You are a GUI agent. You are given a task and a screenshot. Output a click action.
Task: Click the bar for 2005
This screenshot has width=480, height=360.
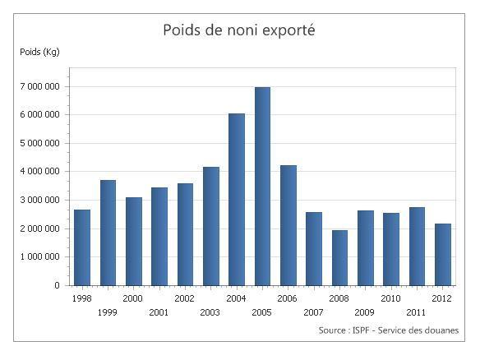(262, 187)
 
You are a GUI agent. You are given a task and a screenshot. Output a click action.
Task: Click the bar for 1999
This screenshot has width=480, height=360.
(108, 233)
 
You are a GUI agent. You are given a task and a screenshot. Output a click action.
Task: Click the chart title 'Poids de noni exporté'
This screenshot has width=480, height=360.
(240, 30)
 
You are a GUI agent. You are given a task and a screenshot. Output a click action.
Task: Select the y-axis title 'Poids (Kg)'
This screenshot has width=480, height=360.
(39, 52)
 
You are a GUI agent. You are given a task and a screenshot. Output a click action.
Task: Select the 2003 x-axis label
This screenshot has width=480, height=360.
(210, 312)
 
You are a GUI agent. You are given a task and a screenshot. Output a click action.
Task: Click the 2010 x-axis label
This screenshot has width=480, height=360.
(390, 298)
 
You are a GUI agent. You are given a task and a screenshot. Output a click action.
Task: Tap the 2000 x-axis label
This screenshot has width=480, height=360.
(133, 298)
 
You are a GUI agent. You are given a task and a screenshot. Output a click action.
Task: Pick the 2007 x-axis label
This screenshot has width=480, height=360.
(313, 312)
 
